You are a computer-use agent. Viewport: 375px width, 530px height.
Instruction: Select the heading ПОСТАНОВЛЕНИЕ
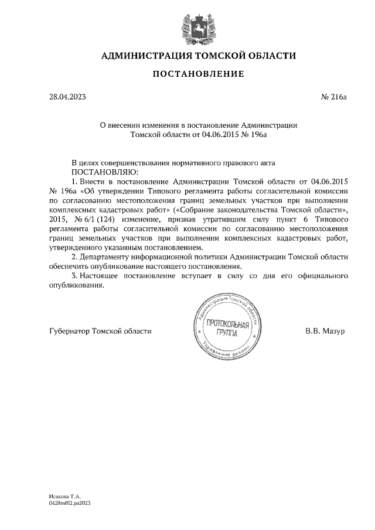[x=198, y=74]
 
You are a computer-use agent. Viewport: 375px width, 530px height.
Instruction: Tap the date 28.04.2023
[x=67, y=97]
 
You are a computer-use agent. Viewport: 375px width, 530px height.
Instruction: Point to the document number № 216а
[x=334, y=97]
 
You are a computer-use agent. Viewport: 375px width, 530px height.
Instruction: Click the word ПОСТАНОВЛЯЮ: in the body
[x=104, y=172]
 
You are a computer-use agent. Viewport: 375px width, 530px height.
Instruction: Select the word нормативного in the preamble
[x=203, y=163]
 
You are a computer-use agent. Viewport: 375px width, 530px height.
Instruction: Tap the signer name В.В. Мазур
[x=325, y=331]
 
